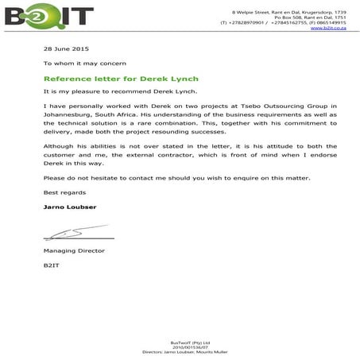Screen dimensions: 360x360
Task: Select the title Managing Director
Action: coord(74,250)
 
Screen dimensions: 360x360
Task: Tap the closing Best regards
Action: coord(61,192)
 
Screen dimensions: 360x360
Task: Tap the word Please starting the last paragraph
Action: coord(54,178)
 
